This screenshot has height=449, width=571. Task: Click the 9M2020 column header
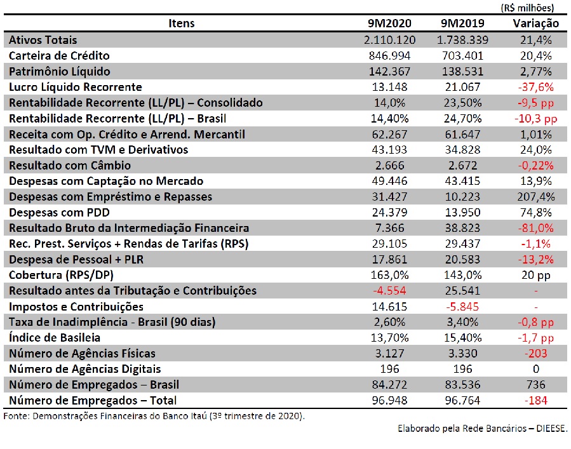[389, 23]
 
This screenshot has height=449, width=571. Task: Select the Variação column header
[535, 23]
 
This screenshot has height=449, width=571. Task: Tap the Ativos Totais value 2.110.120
[389, 40]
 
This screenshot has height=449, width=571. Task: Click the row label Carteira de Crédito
[59, 56]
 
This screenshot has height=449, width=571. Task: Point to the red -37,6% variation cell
[535, 87]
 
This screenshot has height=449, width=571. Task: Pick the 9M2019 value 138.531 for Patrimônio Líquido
[462, 71]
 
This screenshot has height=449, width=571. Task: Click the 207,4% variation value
[535, 197]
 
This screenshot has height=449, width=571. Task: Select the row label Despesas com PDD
[59, 212]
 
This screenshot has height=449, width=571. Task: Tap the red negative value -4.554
[389, 291]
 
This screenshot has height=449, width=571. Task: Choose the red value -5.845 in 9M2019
[462, 307]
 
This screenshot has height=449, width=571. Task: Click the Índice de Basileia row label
[54, 338]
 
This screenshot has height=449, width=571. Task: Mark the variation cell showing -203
[535, 354]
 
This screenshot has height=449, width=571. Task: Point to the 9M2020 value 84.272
[389, 385]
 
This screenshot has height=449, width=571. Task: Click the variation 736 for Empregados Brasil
[535, 385]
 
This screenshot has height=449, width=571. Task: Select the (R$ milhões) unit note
[527, 8]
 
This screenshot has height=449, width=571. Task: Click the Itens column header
[182, 23]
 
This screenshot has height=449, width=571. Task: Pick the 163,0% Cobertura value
[389, 275]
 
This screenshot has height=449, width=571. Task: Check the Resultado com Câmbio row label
[70, 165]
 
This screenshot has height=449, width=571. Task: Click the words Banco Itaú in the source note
[185, 416]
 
